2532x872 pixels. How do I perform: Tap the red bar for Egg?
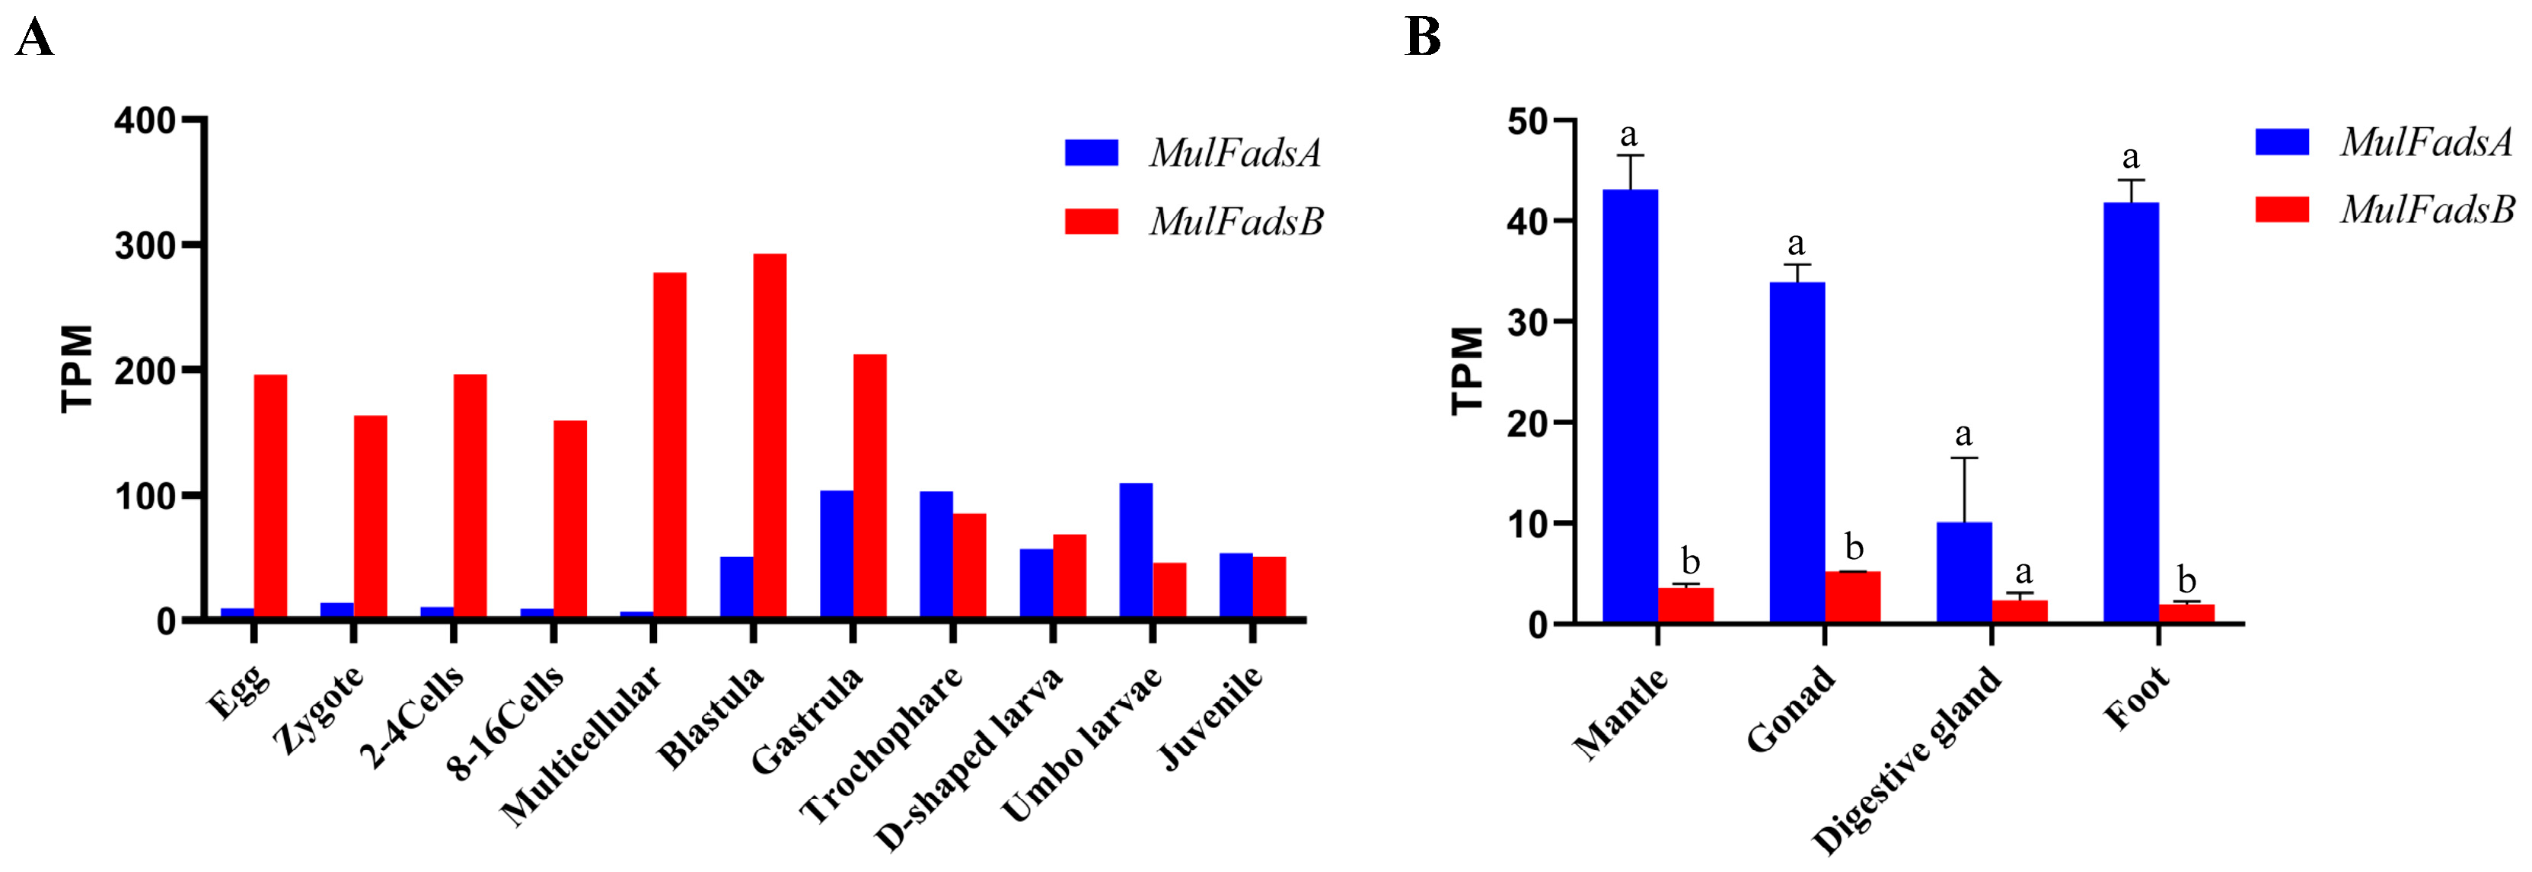[270, 496]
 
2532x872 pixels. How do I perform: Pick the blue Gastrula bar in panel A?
[837, 554]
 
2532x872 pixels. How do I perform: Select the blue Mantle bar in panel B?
[1630, 406]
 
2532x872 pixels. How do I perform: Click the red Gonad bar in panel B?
[1852, 597]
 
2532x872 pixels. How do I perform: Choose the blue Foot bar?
[2131, 412]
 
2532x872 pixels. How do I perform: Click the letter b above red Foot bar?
[2186, 580]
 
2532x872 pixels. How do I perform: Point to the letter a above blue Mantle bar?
[1628, 135]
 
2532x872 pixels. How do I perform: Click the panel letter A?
[34, 40]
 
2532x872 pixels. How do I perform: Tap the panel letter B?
[1422, 37]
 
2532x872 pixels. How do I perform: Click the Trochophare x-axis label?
[882, 744]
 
